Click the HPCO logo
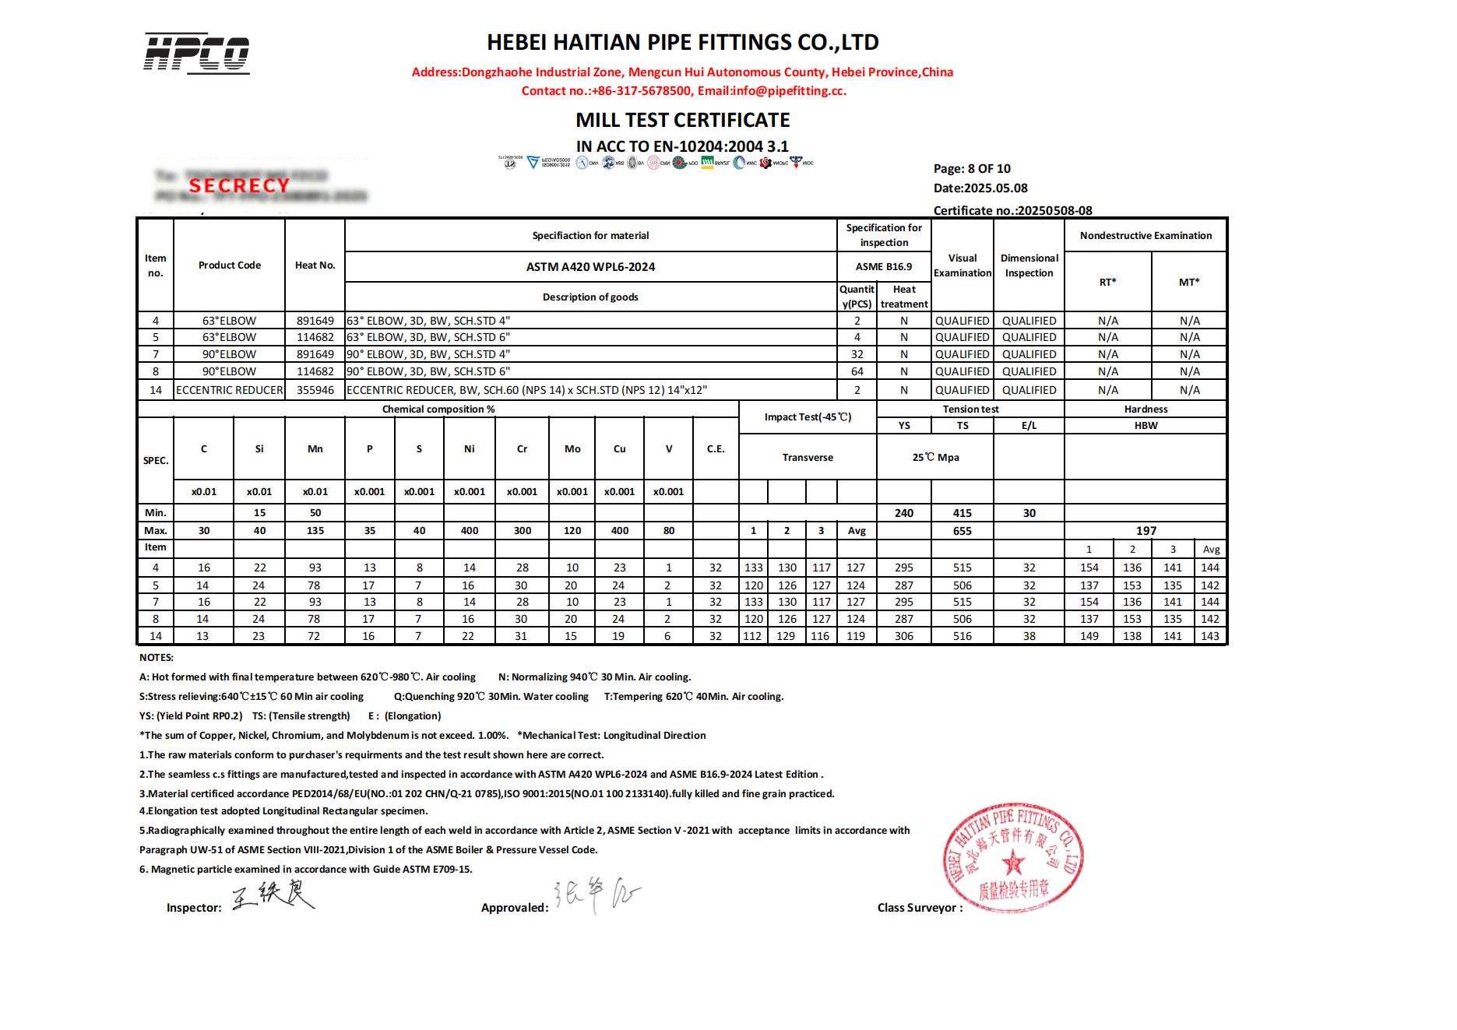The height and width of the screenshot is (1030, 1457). pos(196,54)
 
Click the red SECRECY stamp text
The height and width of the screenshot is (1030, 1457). pos(239,185)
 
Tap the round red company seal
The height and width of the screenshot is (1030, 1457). pos(1012,856)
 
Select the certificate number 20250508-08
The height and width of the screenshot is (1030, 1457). pos(1054,210)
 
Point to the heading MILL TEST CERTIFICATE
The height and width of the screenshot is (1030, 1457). pos(682,120)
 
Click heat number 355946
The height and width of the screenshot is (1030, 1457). pos(315,390)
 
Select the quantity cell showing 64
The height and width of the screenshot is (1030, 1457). pos(857,371)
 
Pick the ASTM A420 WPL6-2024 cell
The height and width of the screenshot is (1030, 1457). pos(590,266)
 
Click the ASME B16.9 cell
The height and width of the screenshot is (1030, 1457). pos(883,266)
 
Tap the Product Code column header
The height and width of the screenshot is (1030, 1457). pos(229,265)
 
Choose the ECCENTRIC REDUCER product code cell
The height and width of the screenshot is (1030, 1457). pos(230,390)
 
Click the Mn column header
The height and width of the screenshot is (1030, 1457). pos(315,448)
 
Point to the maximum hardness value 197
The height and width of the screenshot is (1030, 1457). pos(1146,530)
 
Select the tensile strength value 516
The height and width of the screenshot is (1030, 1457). pos(963,636)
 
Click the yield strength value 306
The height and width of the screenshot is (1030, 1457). pos(903,636)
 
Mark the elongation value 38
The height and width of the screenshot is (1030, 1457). pos(1029,636)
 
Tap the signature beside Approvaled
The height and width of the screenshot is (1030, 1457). pos(597,897)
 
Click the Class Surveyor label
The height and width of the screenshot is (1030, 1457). pos(920,908)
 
